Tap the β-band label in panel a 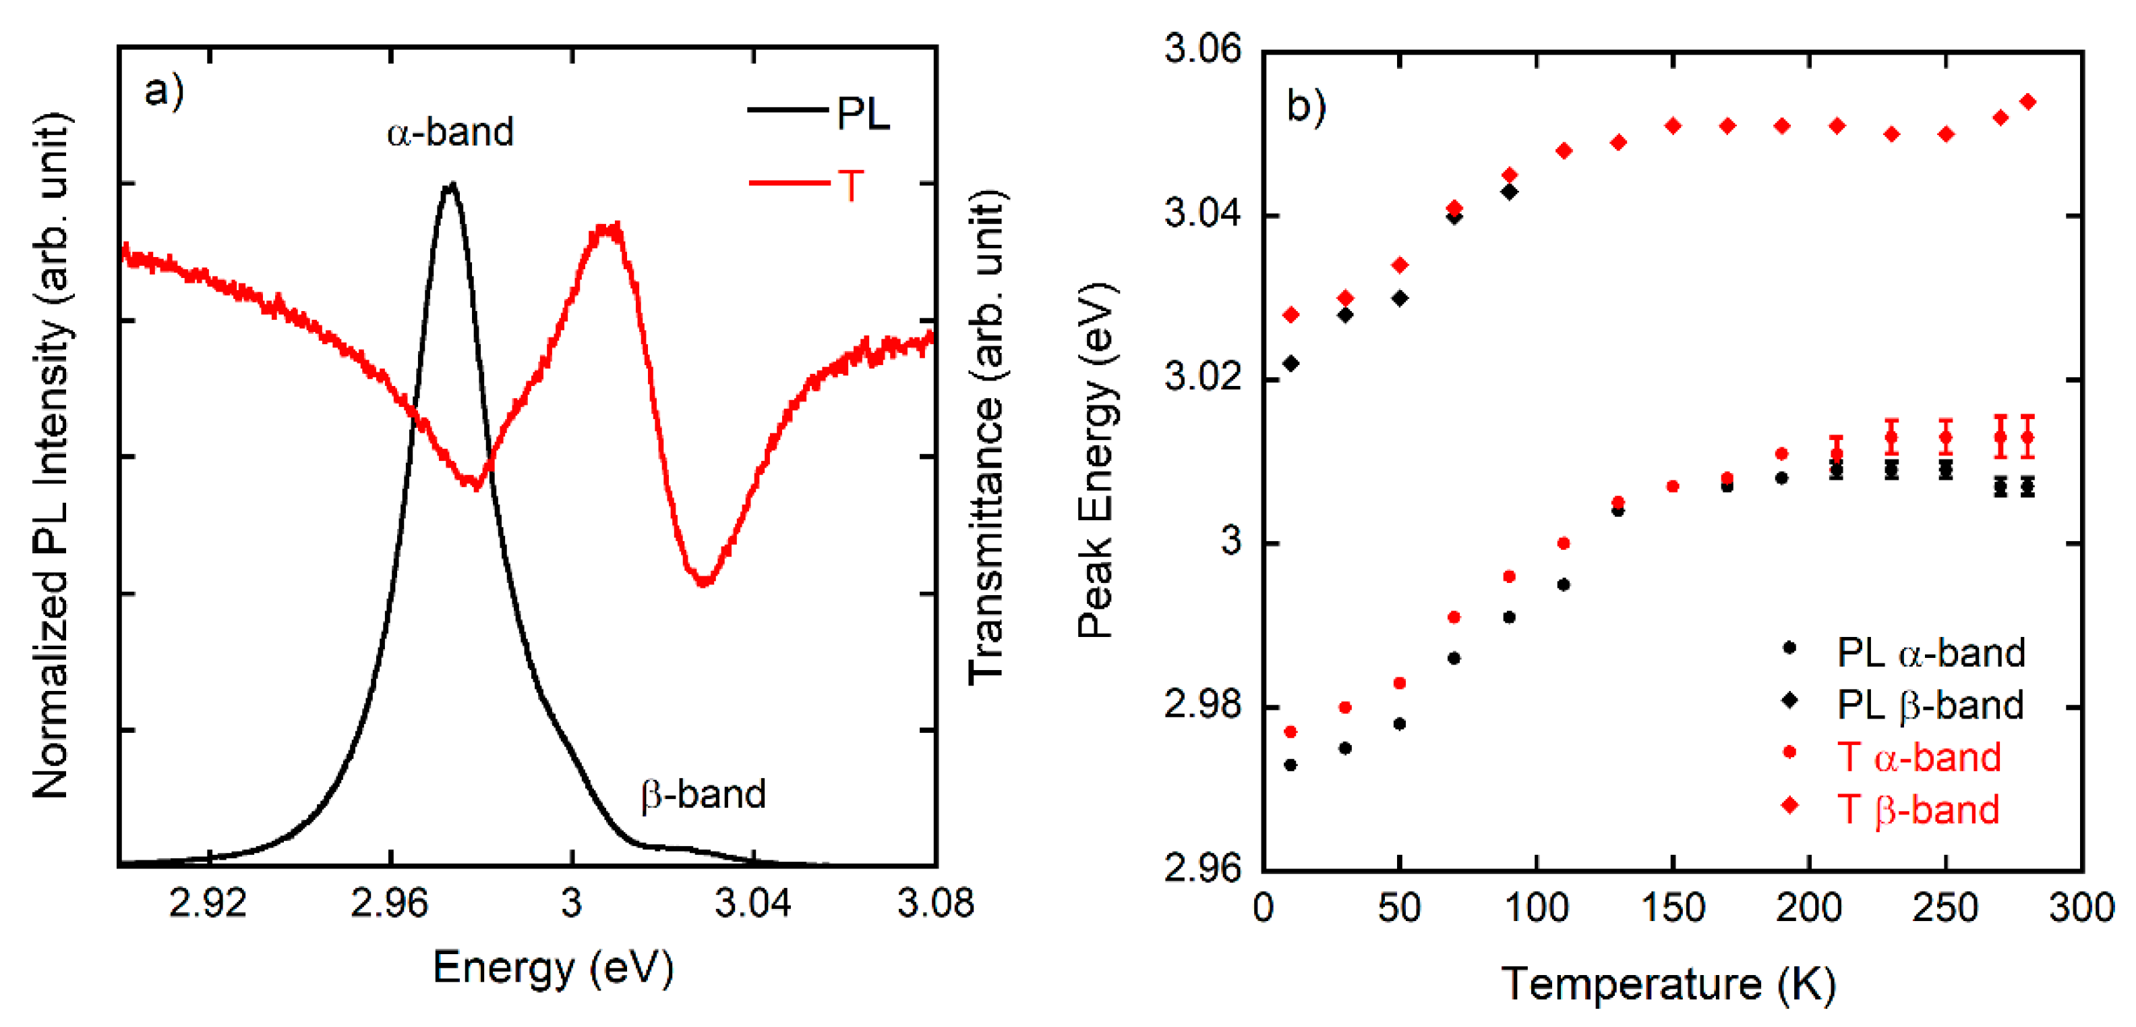(703, 795)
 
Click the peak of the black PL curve (451, 185)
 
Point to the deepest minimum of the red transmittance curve (703, 582)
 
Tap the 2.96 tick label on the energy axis (389, 904)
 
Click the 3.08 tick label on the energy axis (934, 904)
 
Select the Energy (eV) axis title (553, 967)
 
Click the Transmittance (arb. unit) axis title (986, 437)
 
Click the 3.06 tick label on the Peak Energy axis (1203, 49)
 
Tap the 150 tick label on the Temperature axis (1673, 908)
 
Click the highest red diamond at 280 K (2028, 102)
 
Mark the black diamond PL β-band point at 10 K (1290, 363)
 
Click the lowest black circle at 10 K (1290, 765)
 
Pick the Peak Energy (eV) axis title (1096, 460)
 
